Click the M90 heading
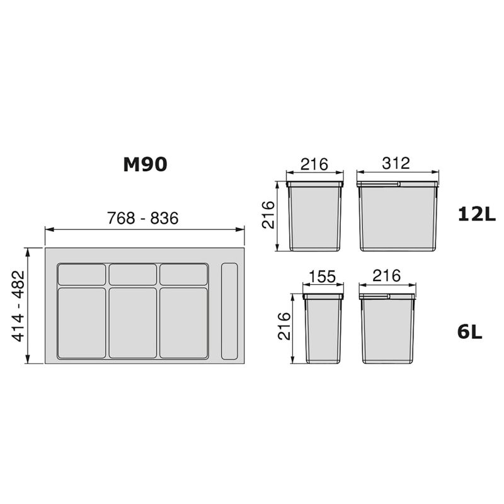[x=144, y=165]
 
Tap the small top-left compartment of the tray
[x=82, y=275]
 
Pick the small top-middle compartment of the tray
[x=132, y=275]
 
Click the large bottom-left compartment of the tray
[x=82, y=323]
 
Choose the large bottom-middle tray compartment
[x=132, y=323]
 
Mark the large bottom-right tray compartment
[x=183, y=323]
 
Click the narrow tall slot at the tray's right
[x=229, y=312]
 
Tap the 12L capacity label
[x=477, y=214]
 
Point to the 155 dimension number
[x=323, y=277]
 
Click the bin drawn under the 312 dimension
[x=397, y=217]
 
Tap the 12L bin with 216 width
[x=314, y=217]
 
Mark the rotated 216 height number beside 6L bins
[x=285, y=326]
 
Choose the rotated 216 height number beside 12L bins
[x=269, y=216]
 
